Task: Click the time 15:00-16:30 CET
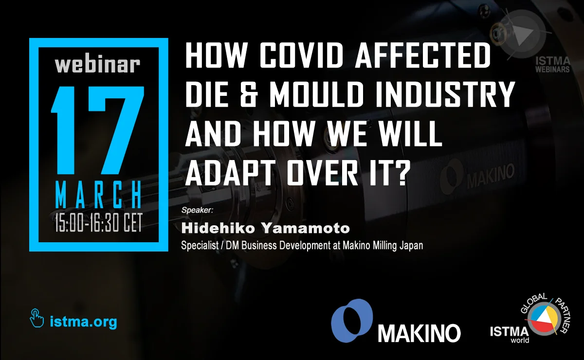tap(98, 223)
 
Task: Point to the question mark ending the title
tap(399, 171)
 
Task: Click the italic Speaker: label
tap(198, 210)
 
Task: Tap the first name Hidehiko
tap(218, 228)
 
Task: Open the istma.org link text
tap(83, 322)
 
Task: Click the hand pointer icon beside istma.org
tap(37, 318)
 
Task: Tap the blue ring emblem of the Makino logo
tap(352, 321)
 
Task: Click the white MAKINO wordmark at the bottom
tap(419, 333)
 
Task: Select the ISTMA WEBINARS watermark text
tap(552, 65)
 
